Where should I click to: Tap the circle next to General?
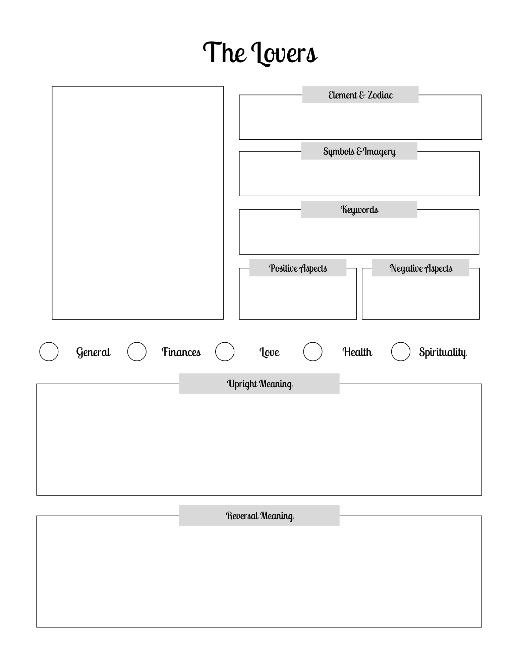(x=49, y=351)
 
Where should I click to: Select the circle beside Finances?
(x=137, y=351)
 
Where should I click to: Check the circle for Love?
(x=225, y=351)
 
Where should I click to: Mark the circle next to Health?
(x=312, y=351)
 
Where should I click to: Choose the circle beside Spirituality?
(x=401, y=351)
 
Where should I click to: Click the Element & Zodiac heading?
(x=360, y=95)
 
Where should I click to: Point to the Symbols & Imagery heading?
(x=359, y=151)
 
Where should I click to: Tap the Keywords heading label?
(x=359, y=210)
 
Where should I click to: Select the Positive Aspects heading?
(x=298, y=268)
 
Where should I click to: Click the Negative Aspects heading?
(x=421, y=268)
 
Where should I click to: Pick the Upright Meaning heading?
(x=259, y=384)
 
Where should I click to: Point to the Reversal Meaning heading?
(x=259, y=516)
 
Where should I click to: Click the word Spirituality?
(x=443, y=352)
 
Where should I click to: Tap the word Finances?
(x=181, y=352)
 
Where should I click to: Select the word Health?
(x=357, y=352)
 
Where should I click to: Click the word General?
(x=93, y=352)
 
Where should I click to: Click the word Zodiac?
(x=380, y=95)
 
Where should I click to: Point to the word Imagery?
(x=380, y=151)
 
